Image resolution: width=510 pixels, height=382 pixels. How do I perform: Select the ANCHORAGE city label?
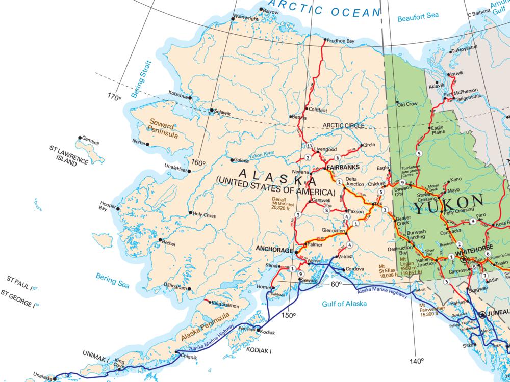pyautogui.click(x=274, y=250)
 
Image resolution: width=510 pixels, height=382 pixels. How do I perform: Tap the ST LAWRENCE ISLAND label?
pyautogui.click(x=69, y=155)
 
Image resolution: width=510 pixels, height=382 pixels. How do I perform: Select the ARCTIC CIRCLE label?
pyautogui.click(x=343, y=125)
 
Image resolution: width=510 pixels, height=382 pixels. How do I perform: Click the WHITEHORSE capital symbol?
pyautogui.click(x=463, y=259)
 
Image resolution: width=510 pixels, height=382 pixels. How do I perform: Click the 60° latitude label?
pyautogui.click(x=337, y=284)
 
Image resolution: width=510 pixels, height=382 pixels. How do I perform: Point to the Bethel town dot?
pyautogui.click(x=160, y=240)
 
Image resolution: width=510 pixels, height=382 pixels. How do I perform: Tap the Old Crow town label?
pyautogui.click(x=407, y=104)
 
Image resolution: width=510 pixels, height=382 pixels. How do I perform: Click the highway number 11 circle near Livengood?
pyautogui.click(x=309, y=146)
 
